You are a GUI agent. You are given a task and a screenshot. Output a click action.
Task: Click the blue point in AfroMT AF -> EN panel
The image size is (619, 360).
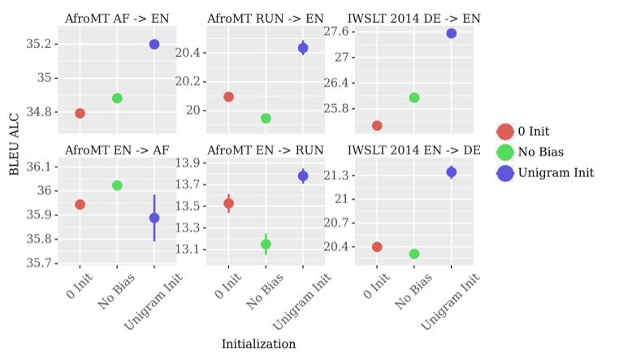[x=154, y=44]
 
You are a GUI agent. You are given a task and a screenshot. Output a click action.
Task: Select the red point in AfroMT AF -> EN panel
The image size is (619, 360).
[x=80, y=113]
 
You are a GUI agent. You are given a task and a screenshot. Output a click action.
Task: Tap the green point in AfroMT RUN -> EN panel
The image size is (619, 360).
[x=266, y=119]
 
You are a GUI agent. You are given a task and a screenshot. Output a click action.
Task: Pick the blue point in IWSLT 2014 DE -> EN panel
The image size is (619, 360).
[x=451, y=33]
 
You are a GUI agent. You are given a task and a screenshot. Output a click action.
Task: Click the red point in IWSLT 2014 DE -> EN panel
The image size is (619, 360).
[x=377, y=125]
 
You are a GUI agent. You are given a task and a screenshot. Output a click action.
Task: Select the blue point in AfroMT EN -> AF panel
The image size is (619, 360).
[x=154, y=218]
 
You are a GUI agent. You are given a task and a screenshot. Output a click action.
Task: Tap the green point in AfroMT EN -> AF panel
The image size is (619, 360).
[x=117, y=185]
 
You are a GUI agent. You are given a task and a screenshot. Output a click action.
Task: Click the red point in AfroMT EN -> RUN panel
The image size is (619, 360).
[x=228, y=204]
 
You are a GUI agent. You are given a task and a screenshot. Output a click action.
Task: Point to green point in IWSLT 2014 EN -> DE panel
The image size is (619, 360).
[x=414, y=254]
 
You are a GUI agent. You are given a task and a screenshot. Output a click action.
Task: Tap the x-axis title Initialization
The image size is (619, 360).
[x=258, y=345]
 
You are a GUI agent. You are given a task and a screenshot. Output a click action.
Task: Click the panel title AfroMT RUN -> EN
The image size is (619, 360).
[x=265, y=17]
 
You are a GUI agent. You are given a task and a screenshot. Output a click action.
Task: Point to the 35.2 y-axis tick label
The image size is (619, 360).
[x=41, y=44]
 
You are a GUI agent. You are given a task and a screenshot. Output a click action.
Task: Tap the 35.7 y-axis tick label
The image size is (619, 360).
[x=41, y=263]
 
